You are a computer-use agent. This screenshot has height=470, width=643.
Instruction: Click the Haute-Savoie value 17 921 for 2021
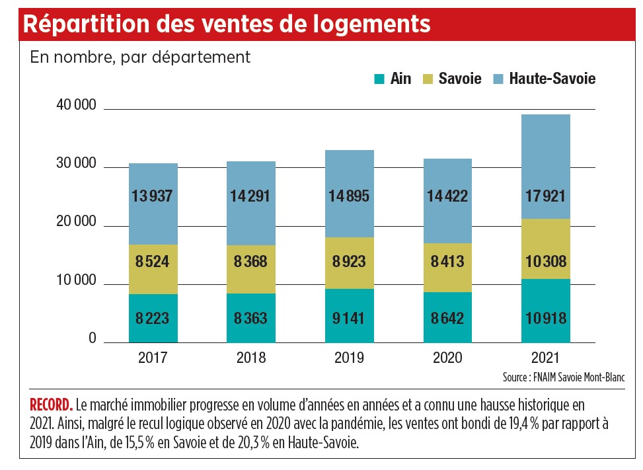point(545,196)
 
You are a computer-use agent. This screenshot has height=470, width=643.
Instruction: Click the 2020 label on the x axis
point(447,359)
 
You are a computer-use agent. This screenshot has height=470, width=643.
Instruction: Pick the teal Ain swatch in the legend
point(379,79)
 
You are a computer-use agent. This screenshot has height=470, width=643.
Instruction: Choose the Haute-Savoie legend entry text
point(552,79)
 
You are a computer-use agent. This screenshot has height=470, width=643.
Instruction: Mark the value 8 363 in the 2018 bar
point(250,318)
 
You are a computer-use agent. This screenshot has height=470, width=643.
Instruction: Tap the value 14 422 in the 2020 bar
point(447,196)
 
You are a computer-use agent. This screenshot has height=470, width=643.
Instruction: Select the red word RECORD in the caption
point(52,404)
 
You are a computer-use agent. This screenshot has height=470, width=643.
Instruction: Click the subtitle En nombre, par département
point(140,57)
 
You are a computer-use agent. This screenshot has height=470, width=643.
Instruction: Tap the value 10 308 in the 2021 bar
point(545,261)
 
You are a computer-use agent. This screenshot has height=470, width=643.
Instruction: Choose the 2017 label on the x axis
point(153,359)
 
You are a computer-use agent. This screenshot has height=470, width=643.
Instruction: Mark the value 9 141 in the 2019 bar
point(349,318)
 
